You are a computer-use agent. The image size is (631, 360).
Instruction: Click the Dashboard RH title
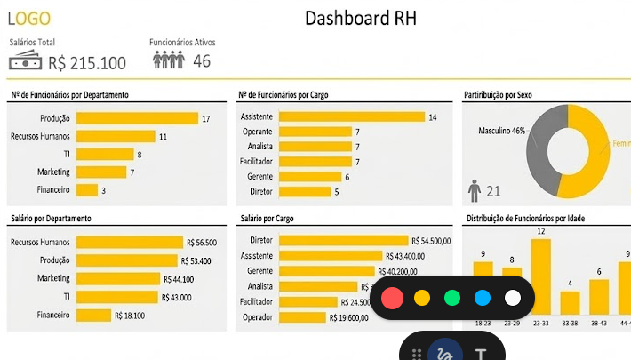pos(360,18)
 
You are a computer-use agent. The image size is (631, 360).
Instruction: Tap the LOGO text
pos(29,19)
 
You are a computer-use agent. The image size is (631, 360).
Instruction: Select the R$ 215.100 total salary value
pos(87,62)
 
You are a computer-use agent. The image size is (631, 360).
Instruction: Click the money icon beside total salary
pos(26,61)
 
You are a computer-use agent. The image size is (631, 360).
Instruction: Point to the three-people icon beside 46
pos(168,60)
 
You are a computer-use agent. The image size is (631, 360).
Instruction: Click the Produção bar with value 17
pos(137,118)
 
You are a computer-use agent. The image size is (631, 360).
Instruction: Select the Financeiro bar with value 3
pos(87,189)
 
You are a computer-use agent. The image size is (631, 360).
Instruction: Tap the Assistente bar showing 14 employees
pos(352,116)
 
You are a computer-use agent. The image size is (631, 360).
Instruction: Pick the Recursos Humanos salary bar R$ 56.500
pos(130,242)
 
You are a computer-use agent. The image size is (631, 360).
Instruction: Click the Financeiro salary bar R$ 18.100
pos(94,315)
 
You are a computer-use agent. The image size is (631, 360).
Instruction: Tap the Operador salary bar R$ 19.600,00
pos(302,316)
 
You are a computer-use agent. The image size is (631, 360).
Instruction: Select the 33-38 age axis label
pos(570,324)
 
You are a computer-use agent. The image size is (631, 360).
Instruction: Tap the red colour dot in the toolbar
pos(392,298)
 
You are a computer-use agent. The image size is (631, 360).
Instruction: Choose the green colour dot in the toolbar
pos(452,298)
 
